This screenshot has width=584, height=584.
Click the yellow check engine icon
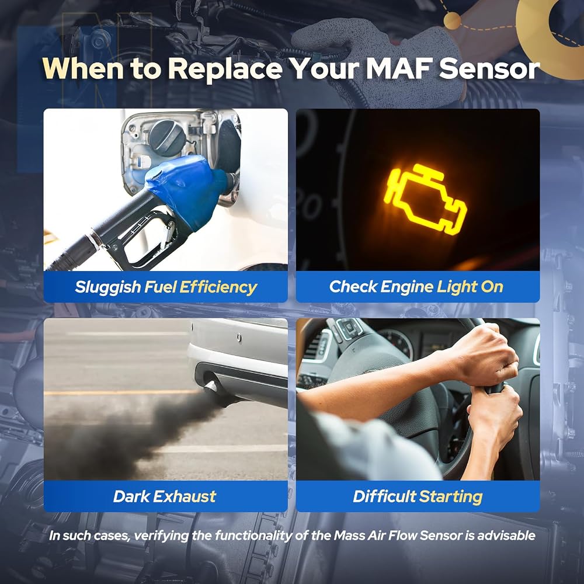pyautogui.click(x=425, y=199)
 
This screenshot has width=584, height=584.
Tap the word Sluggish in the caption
pyautogui.click(x=107, y=287)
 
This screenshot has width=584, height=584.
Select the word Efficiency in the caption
pyautogui.click(x=218, y=287)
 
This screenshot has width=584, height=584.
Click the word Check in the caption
pyautogui.click(x=353, y=287)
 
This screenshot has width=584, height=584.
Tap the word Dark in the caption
pyautogui.click(x=131, y=496)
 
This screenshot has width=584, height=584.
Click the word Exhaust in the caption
pyautogui.click(x=185, y=496)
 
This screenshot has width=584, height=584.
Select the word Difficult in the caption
pyautogui.click(x=384, y=496)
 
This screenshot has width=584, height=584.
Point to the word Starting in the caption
pyautogui.click(x=451, y=497)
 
